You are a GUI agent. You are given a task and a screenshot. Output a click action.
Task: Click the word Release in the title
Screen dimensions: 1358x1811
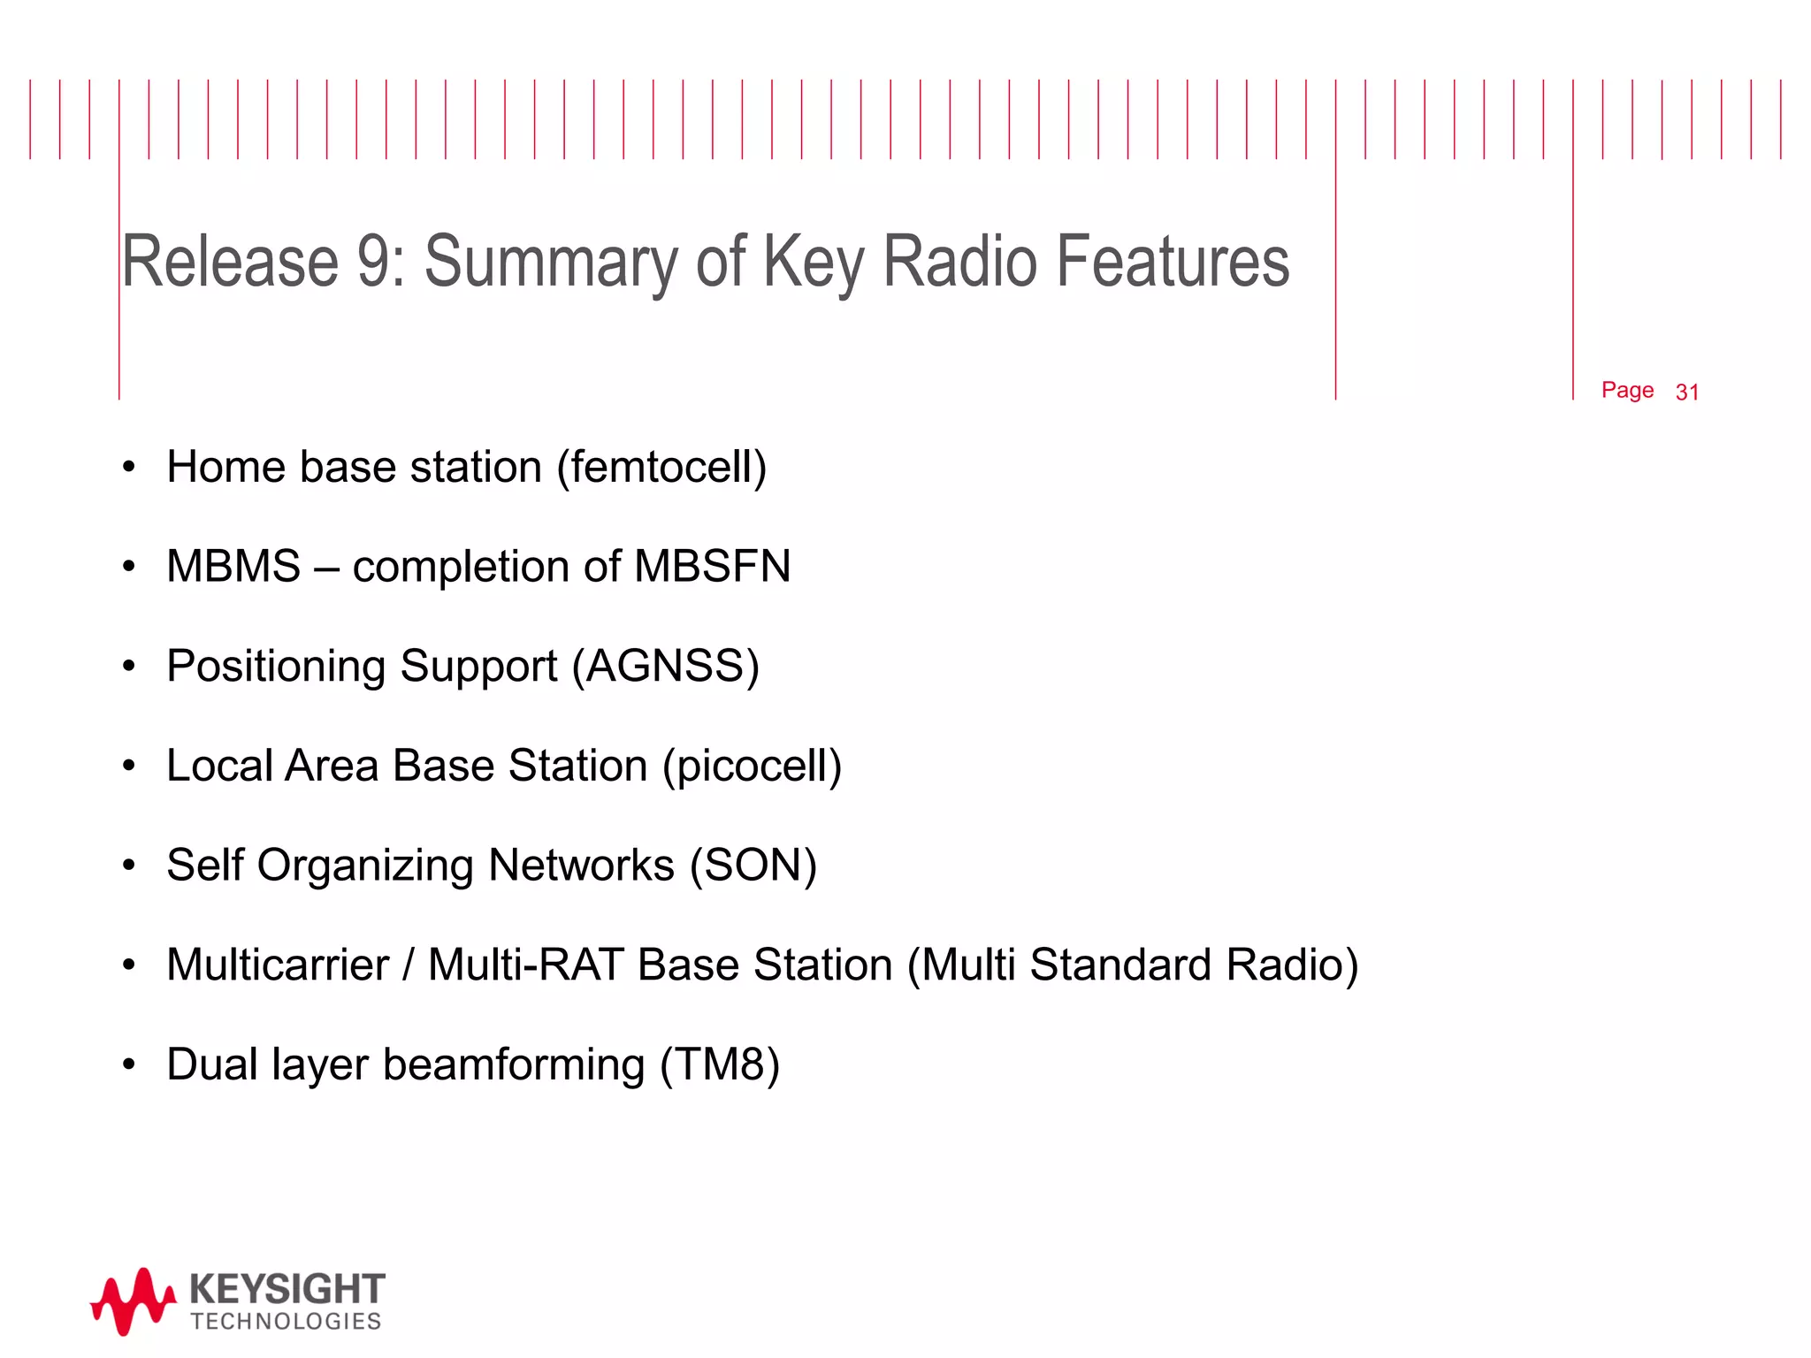click(x=230, y=263)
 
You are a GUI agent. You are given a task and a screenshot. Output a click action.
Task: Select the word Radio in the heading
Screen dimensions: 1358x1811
click(x=960, y=263)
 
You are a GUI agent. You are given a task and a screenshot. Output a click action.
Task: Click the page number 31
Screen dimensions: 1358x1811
click(x=1687, y=393)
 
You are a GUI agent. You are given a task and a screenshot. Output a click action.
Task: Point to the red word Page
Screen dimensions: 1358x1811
click(x=1627, y=390)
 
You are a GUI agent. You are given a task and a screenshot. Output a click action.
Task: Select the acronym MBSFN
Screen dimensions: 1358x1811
click(x=712, y=567)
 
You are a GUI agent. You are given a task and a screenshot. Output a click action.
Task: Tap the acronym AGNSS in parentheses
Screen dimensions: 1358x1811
click(x=665, y=667)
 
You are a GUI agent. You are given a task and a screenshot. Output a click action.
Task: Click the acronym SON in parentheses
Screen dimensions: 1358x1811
click(x=753, y=866)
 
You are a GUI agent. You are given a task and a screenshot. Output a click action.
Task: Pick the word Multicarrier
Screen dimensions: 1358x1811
click(x=278, y=965)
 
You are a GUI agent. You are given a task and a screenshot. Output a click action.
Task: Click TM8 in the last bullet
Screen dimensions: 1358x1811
click(x=720, y=1065)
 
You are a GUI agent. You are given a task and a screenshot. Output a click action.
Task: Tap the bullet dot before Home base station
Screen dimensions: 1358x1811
click(x=129, y=468)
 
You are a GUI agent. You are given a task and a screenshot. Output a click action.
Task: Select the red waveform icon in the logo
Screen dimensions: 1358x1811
click(x=133, y=1301)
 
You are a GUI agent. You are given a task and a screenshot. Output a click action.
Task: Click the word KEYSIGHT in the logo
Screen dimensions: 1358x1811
click(x=287, y=1289)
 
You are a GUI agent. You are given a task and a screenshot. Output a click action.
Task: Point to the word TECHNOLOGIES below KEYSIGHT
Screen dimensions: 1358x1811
click(x=286, y=1322)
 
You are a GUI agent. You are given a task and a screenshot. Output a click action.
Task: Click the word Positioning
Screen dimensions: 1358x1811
click(x=276, y=667)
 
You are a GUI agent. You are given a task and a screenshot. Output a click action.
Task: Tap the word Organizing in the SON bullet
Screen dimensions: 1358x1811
click(x=365, y=866)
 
